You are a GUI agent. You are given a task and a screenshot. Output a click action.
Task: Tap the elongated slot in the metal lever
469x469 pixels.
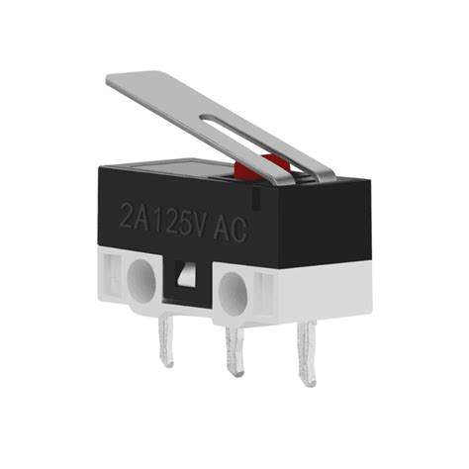[257, 139]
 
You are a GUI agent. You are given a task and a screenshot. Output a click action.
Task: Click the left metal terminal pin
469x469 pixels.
[163, 342]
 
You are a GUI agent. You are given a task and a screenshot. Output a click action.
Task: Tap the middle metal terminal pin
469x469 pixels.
[235, 350]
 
